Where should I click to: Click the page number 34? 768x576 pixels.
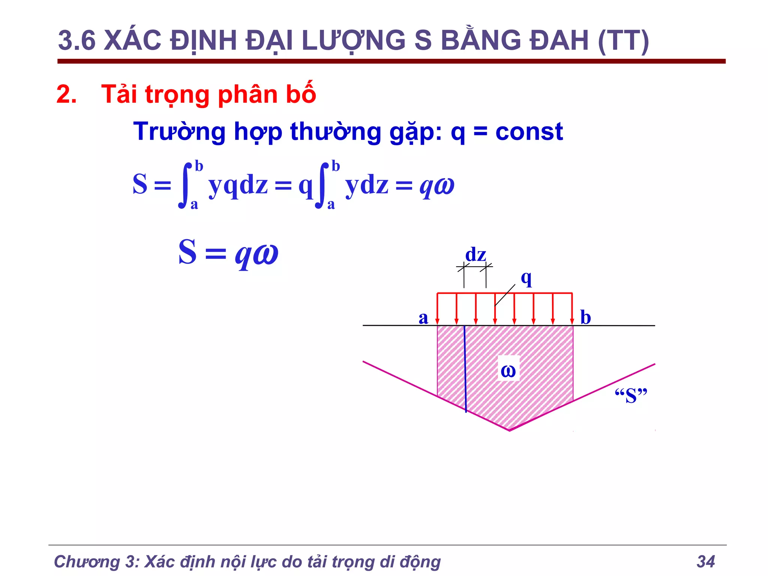coord(706,562)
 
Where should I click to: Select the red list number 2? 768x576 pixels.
coord(66,94)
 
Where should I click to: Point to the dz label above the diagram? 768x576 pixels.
coord(475,255)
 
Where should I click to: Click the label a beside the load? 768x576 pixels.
coord(423,318)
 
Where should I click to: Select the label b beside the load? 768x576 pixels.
coord(585,318)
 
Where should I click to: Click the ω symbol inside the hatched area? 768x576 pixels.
coord(508,371)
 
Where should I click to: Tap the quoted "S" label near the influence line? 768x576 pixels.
coord(631,396)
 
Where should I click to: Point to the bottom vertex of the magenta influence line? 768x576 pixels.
coord(509,430)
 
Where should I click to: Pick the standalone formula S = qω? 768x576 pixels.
coord(228,253)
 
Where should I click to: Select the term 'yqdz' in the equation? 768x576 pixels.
coord(238,185)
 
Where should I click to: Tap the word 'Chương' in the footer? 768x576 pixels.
coord(86,562)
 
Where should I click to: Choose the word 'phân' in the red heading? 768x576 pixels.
coord(248,94)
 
